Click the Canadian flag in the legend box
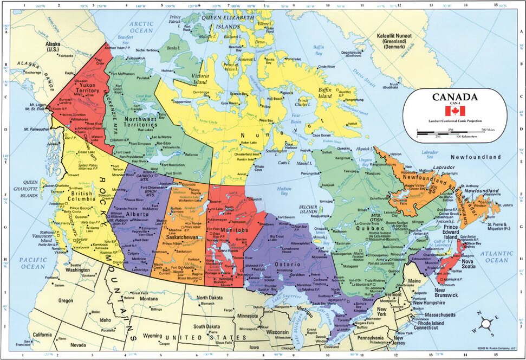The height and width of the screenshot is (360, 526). [x=455, y=111]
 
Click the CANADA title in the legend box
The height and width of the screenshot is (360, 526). [x=455, y=98]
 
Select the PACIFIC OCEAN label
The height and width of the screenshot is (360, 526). [x=33, y=263]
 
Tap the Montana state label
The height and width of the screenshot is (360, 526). [x=148, y=299]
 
